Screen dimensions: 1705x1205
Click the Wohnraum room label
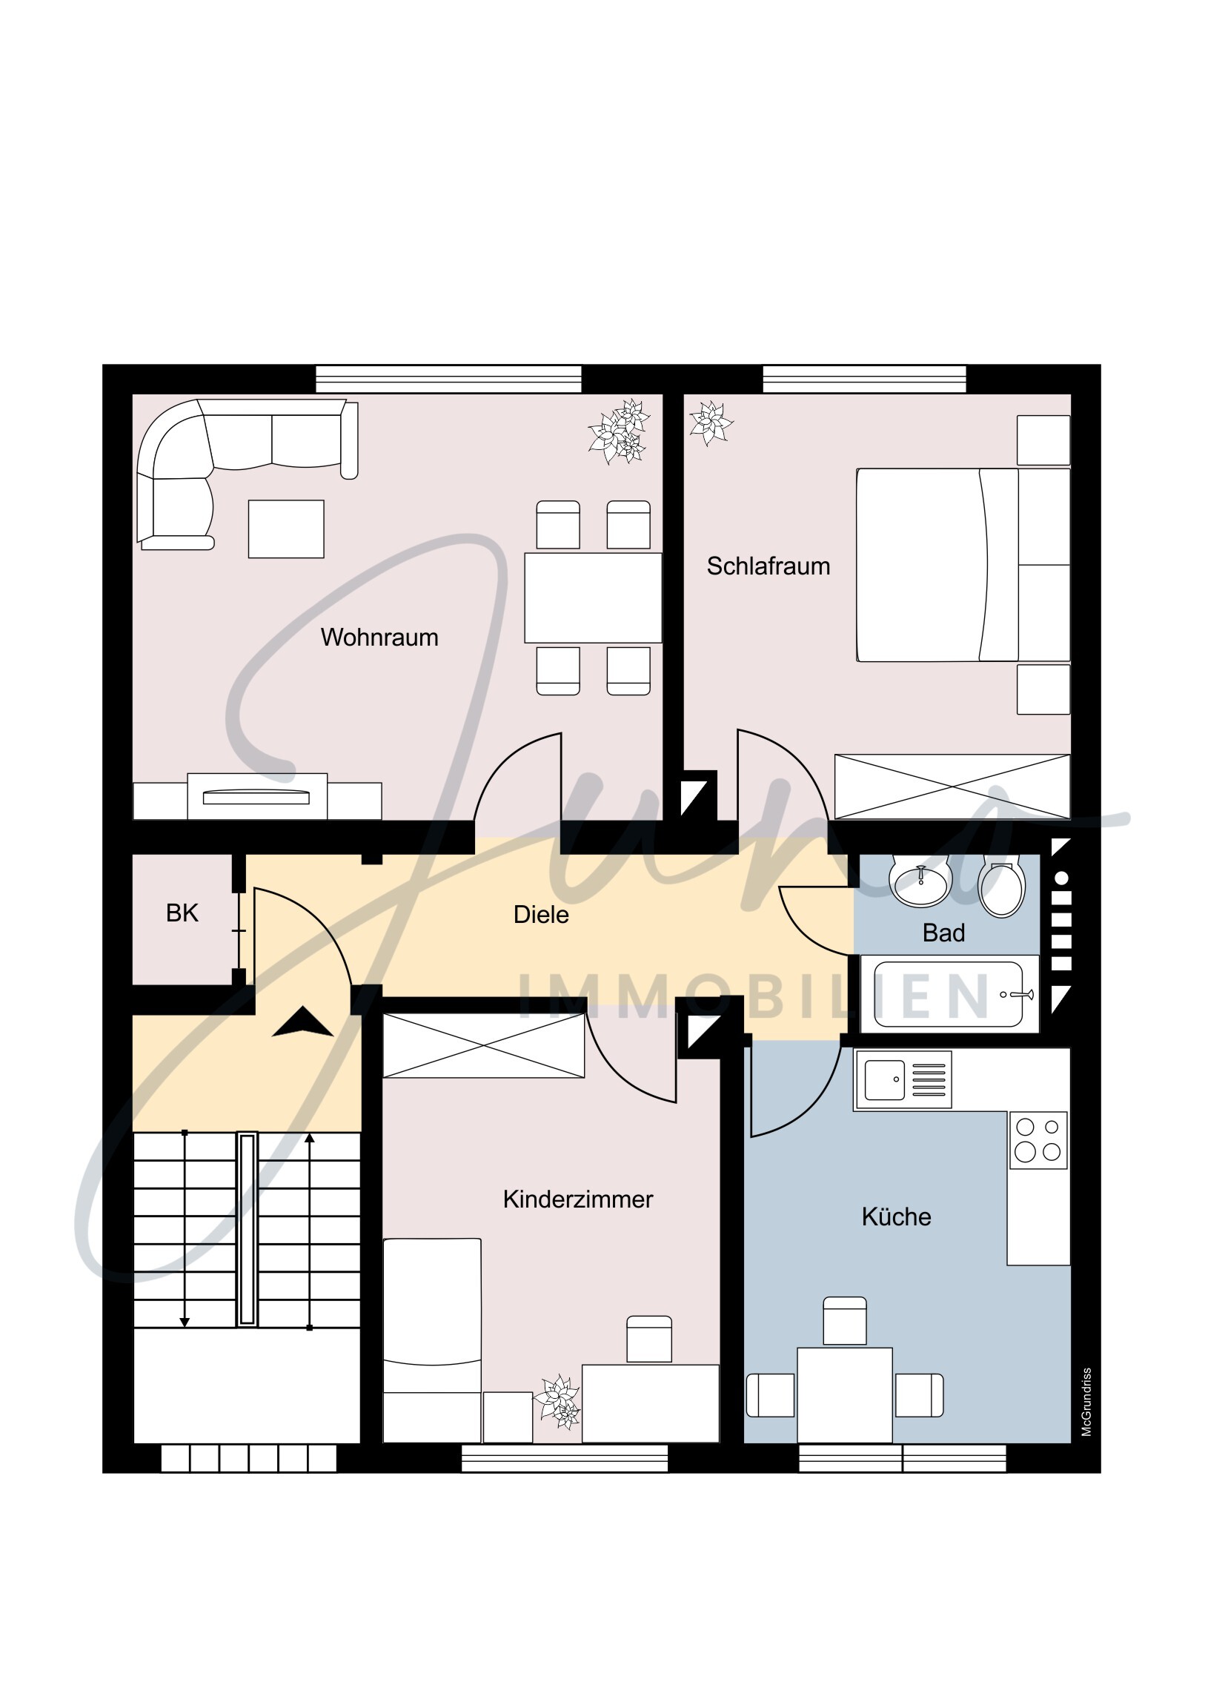pyautogui.click(x=379, y=637)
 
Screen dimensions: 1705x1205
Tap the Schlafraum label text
pyautogui.click(x=768, y=566)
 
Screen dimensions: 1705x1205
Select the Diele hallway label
pyautogui.click(x=540, y=914)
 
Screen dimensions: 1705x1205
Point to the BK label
pyautogui.click(x=182, y=913)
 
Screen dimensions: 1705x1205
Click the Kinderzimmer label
pyautogui.click(x=577, y=1199)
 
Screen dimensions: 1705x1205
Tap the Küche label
pyautogui.click(x=895, y=1216)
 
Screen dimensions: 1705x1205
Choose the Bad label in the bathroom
pyautogui.click(x=943, y=933)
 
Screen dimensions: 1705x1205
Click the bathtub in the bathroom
pyautogui.click(x=948, y=994)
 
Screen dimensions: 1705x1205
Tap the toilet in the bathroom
pyautogui.click(x=1001, y=888)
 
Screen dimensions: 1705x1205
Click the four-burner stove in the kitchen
pyautogui.click(x=1038, y=1140)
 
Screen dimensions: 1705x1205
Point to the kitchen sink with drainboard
pyautogui.click(x=903, y=1079)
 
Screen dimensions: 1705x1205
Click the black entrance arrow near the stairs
pyautogui.click(x=302, y=1022)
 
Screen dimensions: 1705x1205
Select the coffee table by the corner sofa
pyautogui.click(x=286, y=529)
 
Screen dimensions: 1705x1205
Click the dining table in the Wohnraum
pyautogui.click(x=592, y=597)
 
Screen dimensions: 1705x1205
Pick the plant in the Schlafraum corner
pyautogui.click(x=710, y=423)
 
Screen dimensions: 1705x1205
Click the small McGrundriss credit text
pyautogui.click(x=1086, y=1401)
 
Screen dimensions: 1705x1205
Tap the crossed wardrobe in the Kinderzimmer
pyautogui.click(x=483, y=1045)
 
